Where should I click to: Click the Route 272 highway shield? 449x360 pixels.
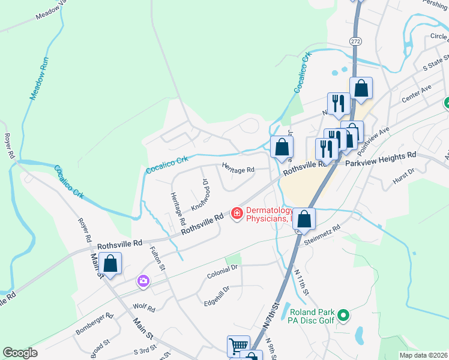(355, 40)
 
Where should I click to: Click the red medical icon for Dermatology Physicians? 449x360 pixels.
(237, 213)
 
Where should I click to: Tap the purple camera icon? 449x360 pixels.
(143, 280)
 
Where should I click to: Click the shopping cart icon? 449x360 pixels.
(238, 346)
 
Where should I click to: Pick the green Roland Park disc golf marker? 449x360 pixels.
(343, 314)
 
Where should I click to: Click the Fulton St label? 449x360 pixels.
(157, 259)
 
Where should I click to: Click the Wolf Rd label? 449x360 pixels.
(144, 308)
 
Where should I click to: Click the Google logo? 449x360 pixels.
(20, 353)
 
